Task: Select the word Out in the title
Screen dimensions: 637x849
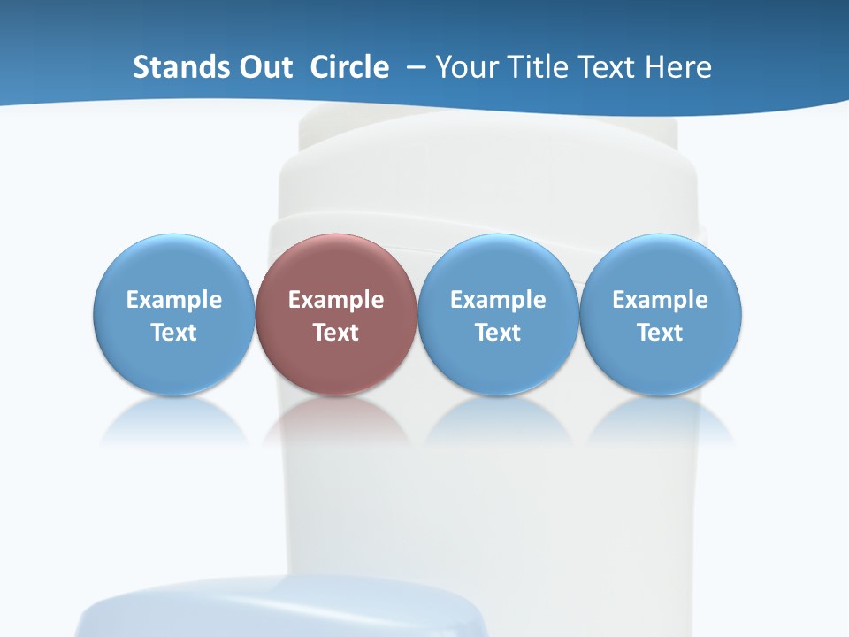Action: (x=264, y=67)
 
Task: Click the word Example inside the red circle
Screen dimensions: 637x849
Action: (x=336, y=300)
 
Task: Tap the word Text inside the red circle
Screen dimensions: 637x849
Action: (x=336, y=333)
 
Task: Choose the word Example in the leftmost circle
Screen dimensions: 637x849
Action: (x=174, y=300)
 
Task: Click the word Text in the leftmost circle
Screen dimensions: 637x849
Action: (x=174, y=333)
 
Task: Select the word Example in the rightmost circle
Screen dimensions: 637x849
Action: (x=661, y=300)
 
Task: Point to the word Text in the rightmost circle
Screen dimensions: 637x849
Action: (x=661, y=333)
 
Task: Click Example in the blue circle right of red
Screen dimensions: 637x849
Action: (x=498, y=300)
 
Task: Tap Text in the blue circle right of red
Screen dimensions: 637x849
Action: (x=498, y=333)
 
